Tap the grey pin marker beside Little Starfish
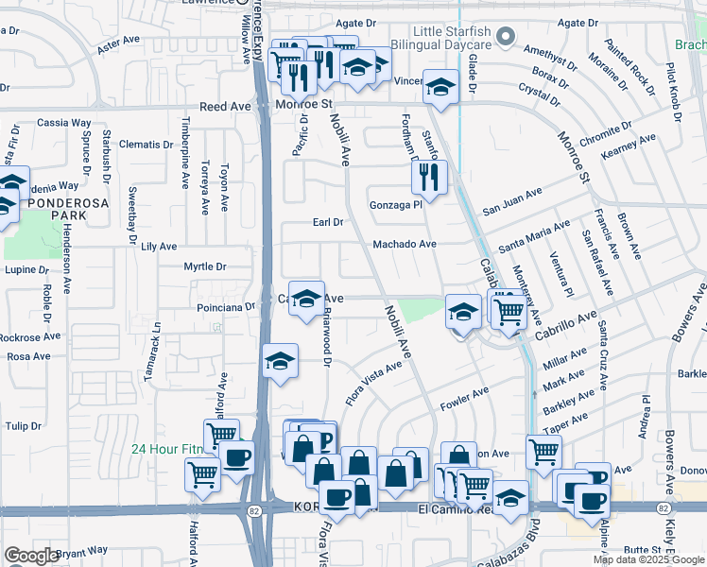(506, 38)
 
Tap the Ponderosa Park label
(57, 209)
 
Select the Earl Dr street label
(327, 222)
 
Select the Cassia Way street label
(63, 123)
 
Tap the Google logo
(31, 555)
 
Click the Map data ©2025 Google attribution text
(648, 559)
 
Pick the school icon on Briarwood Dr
(305, 301)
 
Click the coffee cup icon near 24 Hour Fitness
(236, 459)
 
